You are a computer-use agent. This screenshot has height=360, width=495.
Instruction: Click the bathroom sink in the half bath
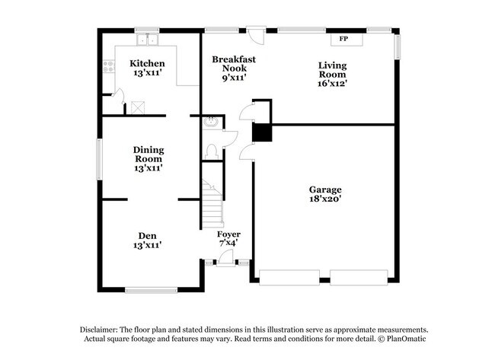pyautogui.click(x=211, y=123)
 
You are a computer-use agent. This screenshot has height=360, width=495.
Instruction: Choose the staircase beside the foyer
pyautogui.click(x=212, y=202)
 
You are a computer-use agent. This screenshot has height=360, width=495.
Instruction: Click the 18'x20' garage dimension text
pyautogui.click(x=324, y=199)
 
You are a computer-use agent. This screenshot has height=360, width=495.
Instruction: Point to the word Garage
pyautogui.click(x=324, y=190)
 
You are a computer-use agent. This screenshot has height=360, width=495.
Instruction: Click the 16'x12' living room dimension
pyautogui.click(x=333, y=84)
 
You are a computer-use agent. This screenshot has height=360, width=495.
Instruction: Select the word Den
pyautogui.click(x=148, y=235)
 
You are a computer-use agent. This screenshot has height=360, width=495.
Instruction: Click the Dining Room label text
pyautogui.click(x=148, y=155)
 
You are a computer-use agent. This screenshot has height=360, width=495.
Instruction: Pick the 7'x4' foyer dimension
pyautogui.click(x=228, y=244)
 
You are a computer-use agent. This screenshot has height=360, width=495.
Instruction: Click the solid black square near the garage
pyautogui.click(x=262, y=132)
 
